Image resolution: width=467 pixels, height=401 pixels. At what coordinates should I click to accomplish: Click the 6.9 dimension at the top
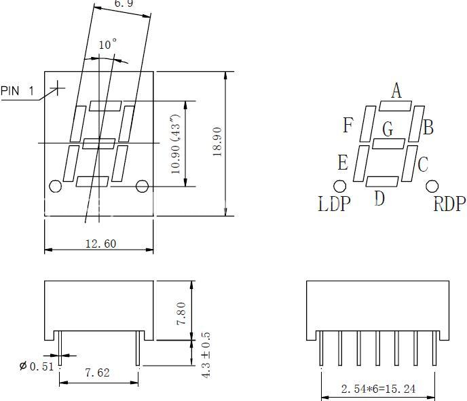tap(123, 4)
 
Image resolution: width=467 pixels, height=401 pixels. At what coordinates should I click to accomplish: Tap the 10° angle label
tap(107, 45)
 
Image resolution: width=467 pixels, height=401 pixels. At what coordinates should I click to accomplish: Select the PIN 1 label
tap(17, 91)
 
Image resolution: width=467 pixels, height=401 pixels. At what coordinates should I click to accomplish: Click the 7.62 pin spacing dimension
tap(98, 373)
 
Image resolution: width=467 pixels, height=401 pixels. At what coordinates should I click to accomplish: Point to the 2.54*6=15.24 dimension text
tap(378, 389)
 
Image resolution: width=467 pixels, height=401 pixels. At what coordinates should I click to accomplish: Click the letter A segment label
tap(396, 90)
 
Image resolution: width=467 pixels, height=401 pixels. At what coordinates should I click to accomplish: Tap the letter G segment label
tap(388, 128)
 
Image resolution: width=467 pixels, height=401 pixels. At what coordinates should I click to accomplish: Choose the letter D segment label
tap(379, 198)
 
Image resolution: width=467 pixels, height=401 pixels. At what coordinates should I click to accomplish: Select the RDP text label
tap(449, 204)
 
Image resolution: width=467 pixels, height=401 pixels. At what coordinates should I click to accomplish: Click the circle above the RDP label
tap(432, 185)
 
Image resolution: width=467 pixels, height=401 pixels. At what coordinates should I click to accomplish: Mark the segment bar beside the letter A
tap(395, 105)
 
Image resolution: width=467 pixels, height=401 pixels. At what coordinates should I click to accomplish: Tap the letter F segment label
tap(348, 126)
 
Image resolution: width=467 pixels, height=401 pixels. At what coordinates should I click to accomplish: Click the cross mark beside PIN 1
tap(58, 88)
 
